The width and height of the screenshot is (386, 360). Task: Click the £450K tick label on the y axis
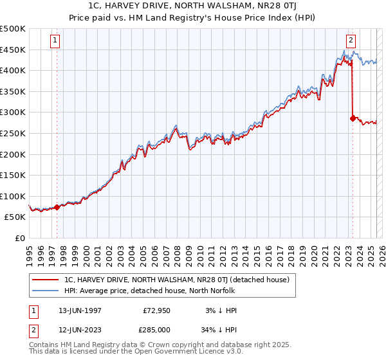point(13,50)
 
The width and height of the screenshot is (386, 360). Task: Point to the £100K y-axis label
point(13,196)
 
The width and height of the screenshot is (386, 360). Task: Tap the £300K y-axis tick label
point(13,112)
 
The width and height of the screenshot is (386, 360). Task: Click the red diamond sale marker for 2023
point(353,118)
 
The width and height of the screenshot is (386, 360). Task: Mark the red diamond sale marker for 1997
point(57,207)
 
